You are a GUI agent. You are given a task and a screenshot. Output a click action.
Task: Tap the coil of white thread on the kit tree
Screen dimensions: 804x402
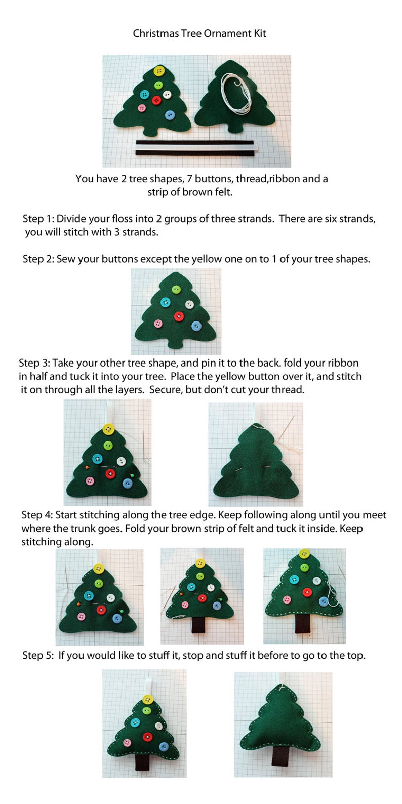click(x=236, y=94)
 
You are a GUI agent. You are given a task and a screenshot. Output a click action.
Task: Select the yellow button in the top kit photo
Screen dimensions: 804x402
click(x=159, y=70)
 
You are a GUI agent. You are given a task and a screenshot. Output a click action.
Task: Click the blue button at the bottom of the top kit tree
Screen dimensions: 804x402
click(x=170, y=115)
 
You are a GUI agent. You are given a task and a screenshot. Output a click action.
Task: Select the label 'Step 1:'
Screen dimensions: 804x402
click(x=38, y=219)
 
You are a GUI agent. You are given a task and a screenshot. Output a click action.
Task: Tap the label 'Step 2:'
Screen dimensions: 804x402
click(x=38, y=259)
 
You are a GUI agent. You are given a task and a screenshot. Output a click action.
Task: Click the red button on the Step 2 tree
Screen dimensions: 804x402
click(x=179, y=316)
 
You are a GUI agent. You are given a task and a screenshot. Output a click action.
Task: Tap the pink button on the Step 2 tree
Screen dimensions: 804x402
click(x=158, y=324)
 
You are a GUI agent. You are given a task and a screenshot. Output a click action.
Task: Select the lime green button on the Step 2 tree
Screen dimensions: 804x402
click(x=176, y=290)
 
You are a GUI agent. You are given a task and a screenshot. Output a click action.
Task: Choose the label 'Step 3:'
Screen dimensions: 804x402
click(x=34, y=363)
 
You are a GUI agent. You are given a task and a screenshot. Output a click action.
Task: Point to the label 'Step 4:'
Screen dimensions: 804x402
click(x=37, y=515)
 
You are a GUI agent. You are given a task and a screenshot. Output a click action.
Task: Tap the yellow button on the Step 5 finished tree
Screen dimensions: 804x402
click(x=147, y=700)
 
